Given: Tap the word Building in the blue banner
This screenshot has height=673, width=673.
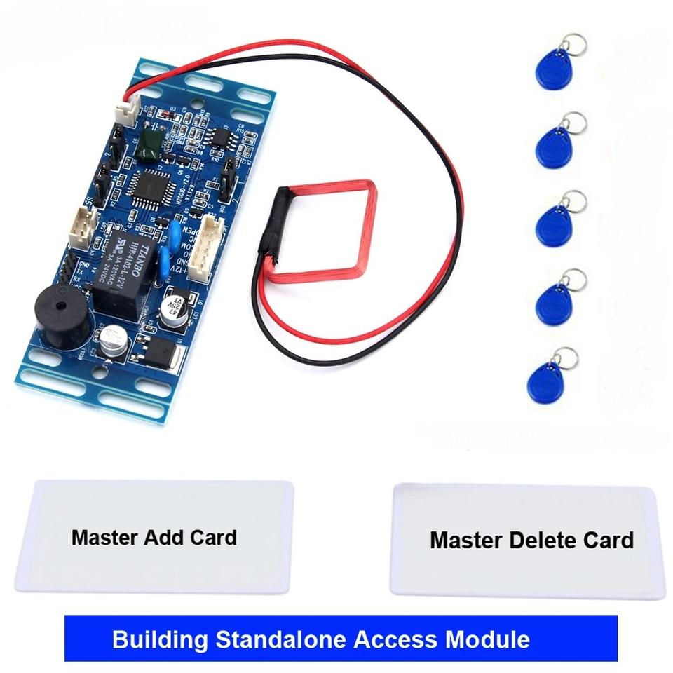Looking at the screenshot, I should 160,639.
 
